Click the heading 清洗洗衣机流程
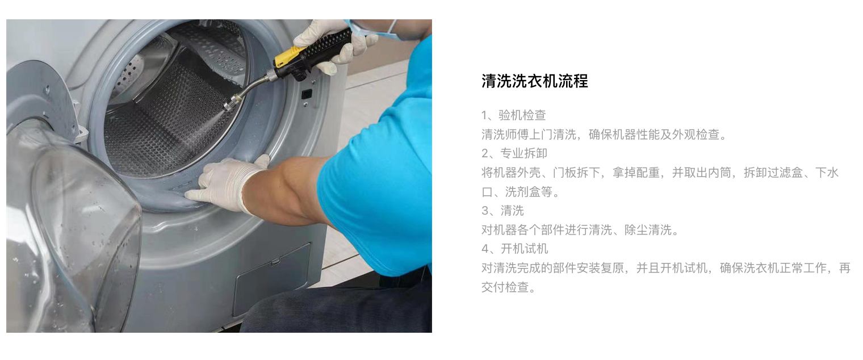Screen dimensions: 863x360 pyautogui.click(x=534, y=81)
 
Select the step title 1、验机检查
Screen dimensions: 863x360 pyautogui.click(x=514, y=115)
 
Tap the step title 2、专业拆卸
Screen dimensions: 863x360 pyautogui.click(x=514, y=153)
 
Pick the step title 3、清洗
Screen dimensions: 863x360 pyautogui.click(x=503, y=211)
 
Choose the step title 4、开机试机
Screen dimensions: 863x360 pyautogui.click(x=515, y=249)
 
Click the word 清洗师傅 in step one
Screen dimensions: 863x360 pyautogui.click(x=505, y=135)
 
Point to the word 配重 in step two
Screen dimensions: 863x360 pyautogui.click(x=648, y=173)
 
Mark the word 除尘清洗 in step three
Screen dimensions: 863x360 pyautogui.click(x=648, y=230)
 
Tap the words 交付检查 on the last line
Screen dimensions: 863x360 pyautogui.click(x=505, y=287)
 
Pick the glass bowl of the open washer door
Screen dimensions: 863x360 pyautogui.click(x=73, y=227)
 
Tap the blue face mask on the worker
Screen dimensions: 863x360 pyautogui.click(x=374, y=28)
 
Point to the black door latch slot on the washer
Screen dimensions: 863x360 pyautogui.click(x=307, y=94)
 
